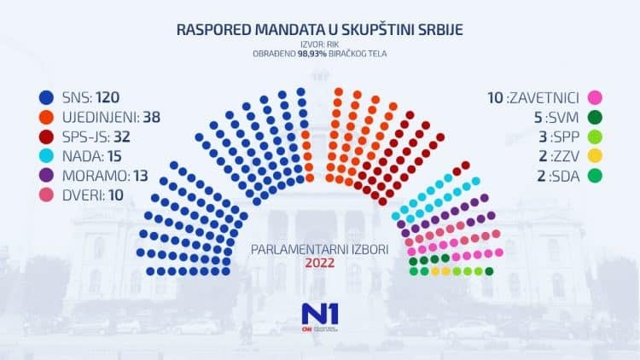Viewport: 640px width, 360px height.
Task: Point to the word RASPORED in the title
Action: coord(214,29)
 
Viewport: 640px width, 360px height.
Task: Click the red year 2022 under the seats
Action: coord(319,263)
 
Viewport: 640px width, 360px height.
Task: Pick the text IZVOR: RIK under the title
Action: coord(320,44)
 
